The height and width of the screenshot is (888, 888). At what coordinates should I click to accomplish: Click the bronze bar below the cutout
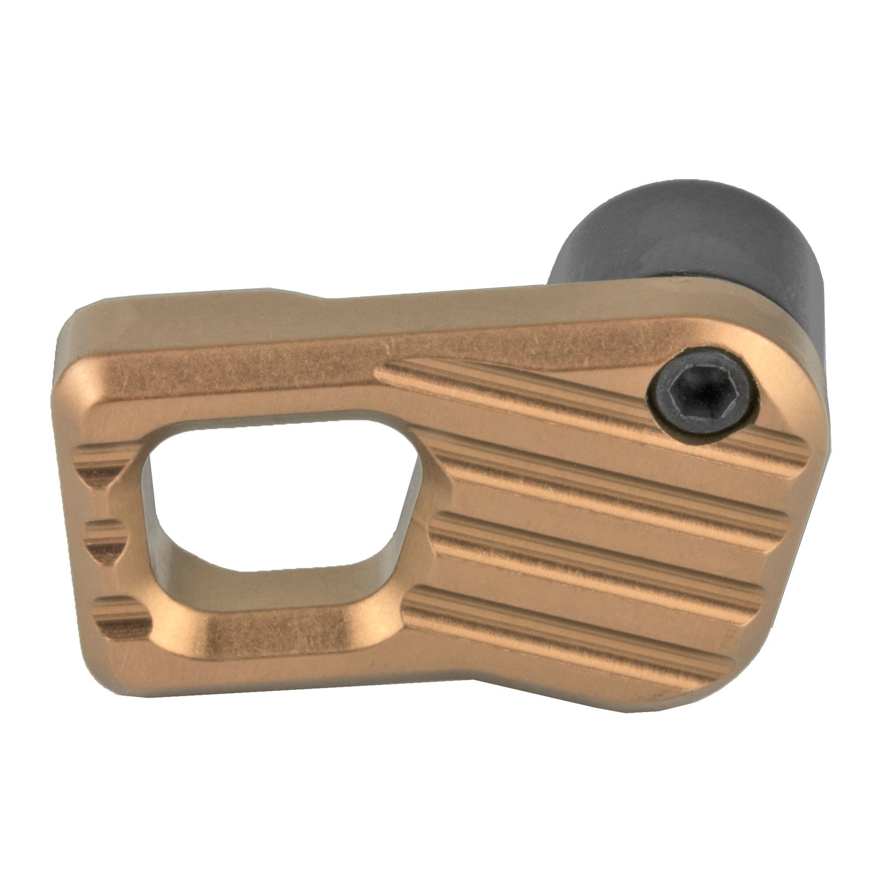(x=266, y=638)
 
